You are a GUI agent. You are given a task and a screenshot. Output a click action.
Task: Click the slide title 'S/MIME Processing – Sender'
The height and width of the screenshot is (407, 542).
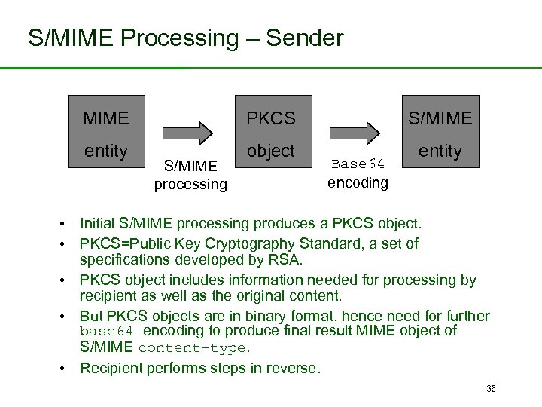pos(185,38)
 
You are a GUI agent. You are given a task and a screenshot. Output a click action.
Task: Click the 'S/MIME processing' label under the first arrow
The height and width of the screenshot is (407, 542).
pos(190,175)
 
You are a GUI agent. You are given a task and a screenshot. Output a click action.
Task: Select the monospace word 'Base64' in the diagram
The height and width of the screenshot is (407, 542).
pos(358,164)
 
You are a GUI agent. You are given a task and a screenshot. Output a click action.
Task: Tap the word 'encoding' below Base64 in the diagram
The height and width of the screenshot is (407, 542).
pos(358,182)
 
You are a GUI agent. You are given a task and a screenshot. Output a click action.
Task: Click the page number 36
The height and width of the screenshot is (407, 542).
pos(491,388)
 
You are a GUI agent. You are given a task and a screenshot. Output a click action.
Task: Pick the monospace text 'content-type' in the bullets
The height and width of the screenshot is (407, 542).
pos(193,348)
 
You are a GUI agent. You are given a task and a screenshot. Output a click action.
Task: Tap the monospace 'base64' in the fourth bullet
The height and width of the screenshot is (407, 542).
pos(106,332)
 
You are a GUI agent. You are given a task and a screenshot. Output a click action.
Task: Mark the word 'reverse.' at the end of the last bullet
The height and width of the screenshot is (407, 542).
pos(294,368)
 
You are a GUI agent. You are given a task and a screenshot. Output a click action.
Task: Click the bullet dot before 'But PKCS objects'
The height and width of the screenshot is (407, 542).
pos(68,317)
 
